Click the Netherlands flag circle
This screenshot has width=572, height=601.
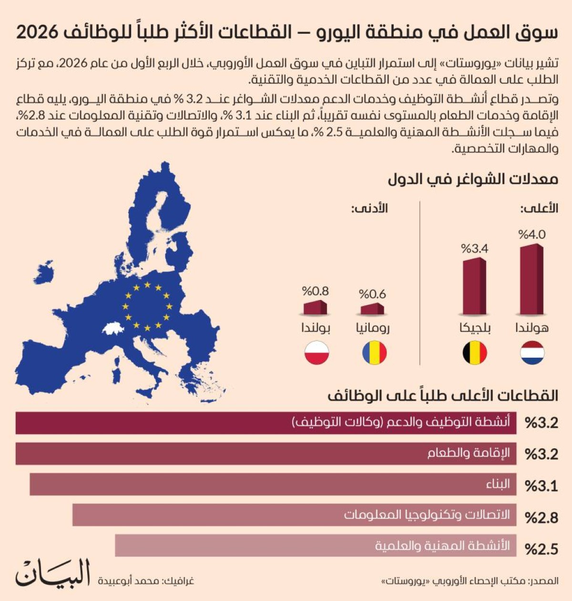532,353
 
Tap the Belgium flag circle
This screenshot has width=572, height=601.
475,353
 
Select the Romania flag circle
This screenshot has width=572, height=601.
374,353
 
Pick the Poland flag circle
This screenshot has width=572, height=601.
317,353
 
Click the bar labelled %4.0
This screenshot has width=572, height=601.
531,279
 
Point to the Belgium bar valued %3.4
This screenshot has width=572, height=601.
475,286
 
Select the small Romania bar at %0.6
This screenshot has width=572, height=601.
372,309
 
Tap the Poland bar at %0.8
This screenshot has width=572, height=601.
315,307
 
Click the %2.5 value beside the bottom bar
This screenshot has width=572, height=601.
541,549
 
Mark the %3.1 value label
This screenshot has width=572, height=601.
541,486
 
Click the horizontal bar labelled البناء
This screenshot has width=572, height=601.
273,484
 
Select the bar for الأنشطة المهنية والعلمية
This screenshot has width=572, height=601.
316,545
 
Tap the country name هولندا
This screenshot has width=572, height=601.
532,328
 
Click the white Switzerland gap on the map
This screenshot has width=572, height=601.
113,329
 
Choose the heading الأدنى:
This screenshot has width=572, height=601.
369,208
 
